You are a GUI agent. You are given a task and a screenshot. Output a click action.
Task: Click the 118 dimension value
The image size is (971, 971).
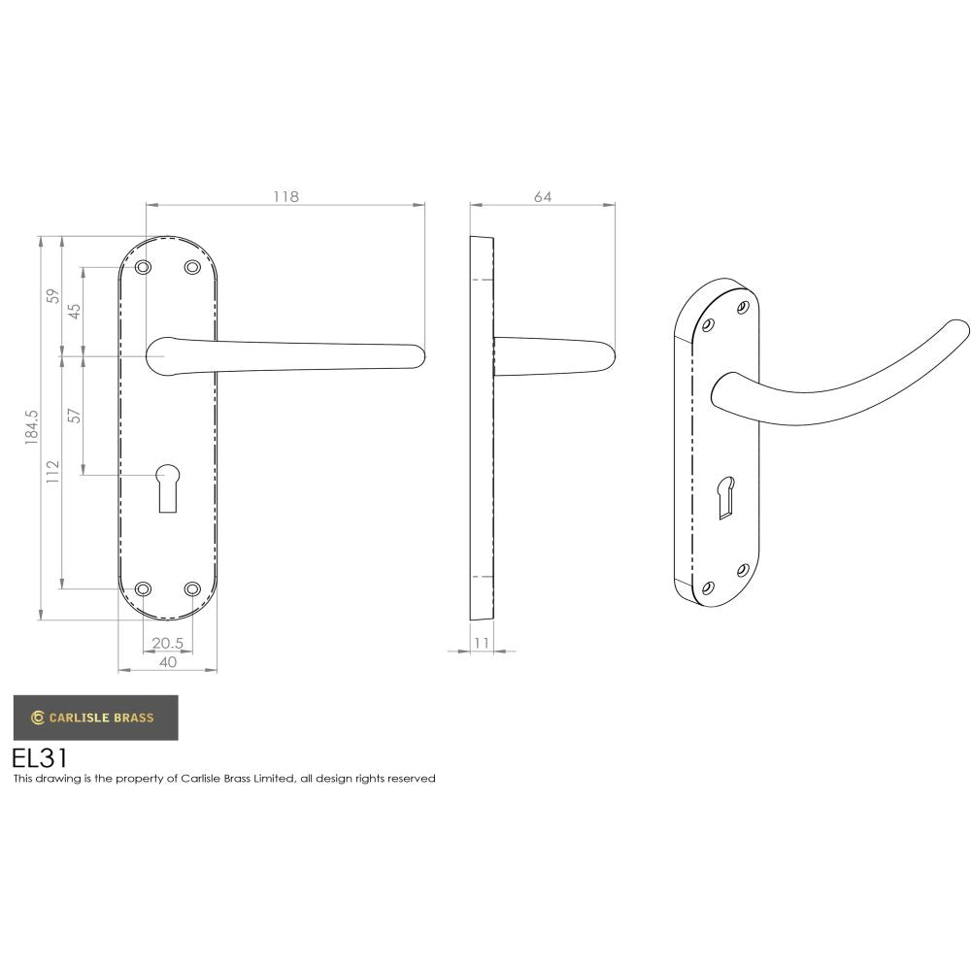click(x=285, y=196)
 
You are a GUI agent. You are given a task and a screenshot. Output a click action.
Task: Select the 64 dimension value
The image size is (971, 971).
click(x=542, y=196)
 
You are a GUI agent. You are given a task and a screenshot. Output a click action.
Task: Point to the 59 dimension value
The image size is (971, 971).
click(x=53, y=295)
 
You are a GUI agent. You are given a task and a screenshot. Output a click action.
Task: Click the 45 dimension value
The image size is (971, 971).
click(x=75, y=311)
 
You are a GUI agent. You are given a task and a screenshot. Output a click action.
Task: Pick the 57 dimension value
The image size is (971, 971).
click(x=75, y=416)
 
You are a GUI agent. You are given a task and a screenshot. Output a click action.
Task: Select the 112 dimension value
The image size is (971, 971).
click(x=53, y=471)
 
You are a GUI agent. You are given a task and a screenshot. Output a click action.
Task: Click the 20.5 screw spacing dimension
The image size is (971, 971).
click(x=167, y=643)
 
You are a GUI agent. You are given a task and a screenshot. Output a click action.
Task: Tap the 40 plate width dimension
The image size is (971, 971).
click(x=167, y=662)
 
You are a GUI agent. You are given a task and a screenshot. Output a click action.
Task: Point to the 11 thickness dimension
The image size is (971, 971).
click(x=483, y=643)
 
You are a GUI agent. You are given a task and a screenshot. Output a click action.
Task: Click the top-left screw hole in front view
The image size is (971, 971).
click(x=143, y=267)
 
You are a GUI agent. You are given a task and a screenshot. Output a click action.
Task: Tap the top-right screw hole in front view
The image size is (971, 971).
click(x=191, y=267)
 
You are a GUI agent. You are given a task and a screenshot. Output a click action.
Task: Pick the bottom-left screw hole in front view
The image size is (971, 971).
click(x=143, y=588)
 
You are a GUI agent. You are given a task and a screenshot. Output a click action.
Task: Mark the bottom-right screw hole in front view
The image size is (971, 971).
click(x=191, y=588)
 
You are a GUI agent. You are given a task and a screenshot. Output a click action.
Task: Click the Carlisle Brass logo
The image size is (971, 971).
click(x=94, y=718)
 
